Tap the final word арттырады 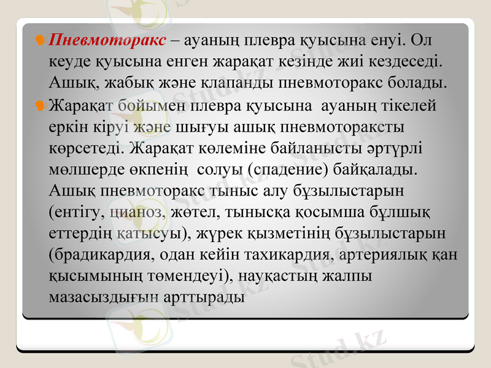[206, 296]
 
